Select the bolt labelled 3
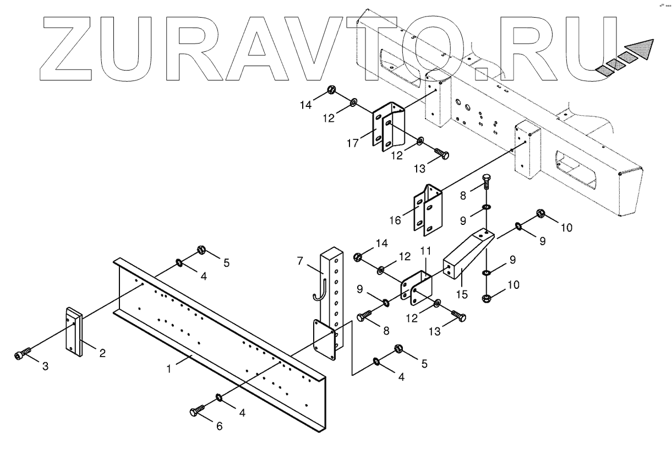point(22,354)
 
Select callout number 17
point(353,143)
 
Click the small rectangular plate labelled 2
point(74,330)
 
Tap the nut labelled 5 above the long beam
point(201,250)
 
